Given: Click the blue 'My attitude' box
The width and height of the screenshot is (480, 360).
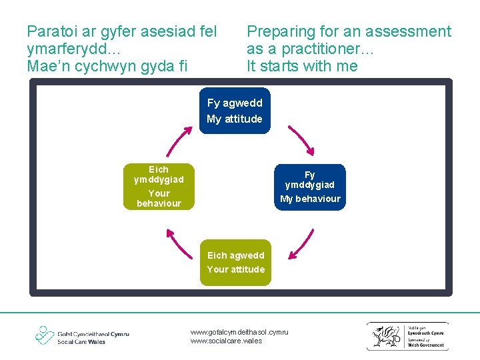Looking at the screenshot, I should coord(235,111).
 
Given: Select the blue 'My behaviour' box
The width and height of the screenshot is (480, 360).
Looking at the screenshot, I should coord(310,187).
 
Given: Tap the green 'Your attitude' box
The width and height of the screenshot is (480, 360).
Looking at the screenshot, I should coord(235,263).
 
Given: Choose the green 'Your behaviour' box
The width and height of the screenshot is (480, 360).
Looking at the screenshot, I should coord(159,187).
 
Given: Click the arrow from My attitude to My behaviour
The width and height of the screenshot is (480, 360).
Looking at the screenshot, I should coord(300,139).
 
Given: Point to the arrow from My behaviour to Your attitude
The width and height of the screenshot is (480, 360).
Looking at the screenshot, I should coord(301,243).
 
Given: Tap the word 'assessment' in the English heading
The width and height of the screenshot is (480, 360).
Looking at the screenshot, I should coord(411,31).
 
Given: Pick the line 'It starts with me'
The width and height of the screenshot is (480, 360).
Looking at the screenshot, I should coord(302,66).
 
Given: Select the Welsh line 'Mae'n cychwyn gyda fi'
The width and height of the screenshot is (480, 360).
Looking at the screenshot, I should coord(107,66).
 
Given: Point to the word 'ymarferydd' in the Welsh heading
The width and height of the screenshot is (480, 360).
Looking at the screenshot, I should coord(69,49).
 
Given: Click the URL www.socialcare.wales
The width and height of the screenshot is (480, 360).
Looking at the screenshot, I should coord(226,341).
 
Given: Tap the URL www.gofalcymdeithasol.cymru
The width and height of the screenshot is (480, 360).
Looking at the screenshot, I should coord(239,331).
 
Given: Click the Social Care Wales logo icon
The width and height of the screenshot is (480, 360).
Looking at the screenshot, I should coord(45,335).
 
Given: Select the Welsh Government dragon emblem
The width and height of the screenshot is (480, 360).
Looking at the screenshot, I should coord(387,336).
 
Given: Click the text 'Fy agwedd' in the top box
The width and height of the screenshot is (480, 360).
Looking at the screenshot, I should coord(235,103).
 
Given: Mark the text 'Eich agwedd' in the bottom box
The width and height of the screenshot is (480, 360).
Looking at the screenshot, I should coord(235,255).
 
